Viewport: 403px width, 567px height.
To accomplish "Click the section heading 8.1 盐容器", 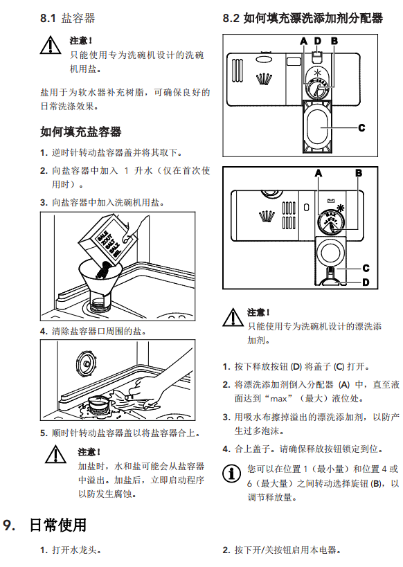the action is pyautogui.click(x=68, y=18).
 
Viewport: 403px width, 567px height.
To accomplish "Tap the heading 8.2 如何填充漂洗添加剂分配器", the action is pyautogui.click(x=303, y=18).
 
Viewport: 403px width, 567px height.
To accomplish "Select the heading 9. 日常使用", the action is pyautogui.click(x=45, y=525).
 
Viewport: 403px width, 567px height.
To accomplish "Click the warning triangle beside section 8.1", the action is pyautogui.click(x=51, y=46).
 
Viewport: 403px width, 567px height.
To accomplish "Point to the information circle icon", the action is pyautogui.click(x=231, y=474).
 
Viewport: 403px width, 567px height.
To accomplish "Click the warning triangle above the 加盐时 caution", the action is pyautogui.click(x=55, y=454).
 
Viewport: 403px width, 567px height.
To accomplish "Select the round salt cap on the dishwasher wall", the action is pyautogui.click(x=86, y=363).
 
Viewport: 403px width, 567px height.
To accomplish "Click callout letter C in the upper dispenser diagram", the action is pyautogui.click(x=361, y=127).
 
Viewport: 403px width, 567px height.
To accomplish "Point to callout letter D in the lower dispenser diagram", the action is pyautogui.click(x=366, y=282).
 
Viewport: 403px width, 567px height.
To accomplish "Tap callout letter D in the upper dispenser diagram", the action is pyautogui.click(x=318, y=41).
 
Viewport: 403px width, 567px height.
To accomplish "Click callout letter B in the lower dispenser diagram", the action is pyautogui.click(x=359, y=173).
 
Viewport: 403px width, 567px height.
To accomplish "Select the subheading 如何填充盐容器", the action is pyautogui.click(x=81, y=132).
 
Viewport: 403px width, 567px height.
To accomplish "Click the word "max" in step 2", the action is pyautogui.click(x=278, y=399).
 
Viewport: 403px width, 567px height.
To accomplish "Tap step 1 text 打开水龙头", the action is pyautogui.click(x=76, y=550).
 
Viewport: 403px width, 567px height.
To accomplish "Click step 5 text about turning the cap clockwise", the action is pyautogui.click(x=125, y=433).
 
